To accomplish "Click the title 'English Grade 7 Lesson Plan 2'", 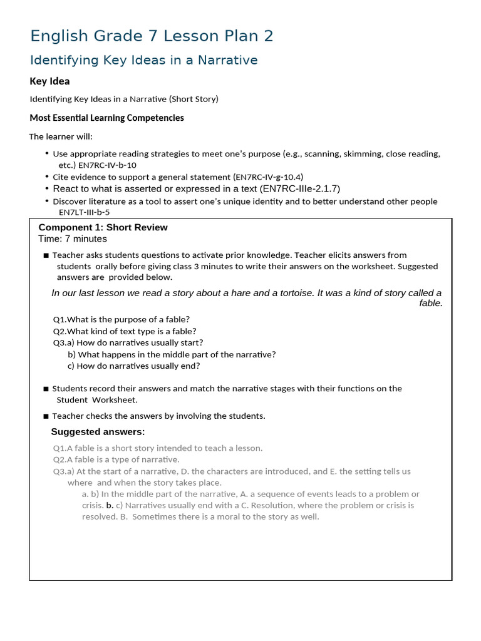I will pos(152,36).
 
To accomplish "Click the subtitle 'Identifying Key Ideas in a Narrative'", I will pos(144,60).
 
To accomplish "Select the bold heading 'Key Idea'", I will pos(50,81).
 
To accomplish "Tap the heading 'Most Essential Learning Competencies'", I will pos(107,118).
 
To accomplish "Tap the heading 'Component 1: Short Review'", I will pos(103,227).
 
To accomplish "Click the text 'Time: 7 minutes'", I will pos(73,238).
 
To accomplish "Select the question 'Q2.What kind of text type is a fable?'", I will pos(125,331).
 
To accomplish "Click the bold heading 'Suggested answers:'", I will pos(98,432).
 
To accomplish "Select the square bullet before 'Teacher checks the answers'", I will pos(46,416).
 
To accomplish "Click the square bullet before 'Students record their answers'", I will pos(46,389).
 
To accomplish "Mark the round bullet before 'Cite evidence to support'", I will pos(47,177).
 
